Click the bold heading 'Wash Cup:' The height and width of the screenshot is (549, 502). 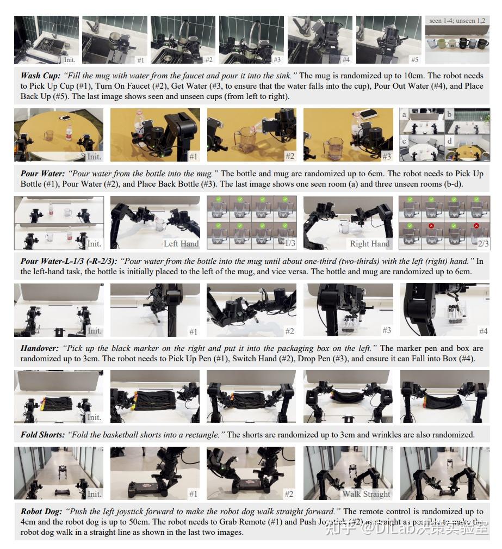(40, 76)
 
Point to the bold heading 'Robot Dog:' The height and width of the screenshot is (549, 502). (41, 511)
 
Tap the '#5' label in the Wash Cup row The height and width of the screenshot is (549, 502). (414, 60)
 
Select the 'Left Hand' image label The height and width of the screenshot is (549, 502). (181, 244)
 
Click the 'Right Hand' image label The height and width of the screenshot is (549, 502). (370, 244)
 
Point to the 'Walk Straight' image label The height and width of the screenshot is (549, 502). (366, 494)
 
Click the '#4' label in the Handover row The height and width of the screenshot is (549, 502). (483, 331)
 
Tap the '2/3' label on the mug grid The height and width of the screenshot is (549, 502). (482, 244)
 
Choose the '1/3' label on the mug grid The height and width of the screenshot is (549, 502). (290, 244)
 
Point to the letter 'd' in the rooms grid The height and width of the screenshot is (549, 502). (449, 141)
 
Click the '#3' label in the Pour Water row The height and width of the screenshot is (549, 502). (386, 157)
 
